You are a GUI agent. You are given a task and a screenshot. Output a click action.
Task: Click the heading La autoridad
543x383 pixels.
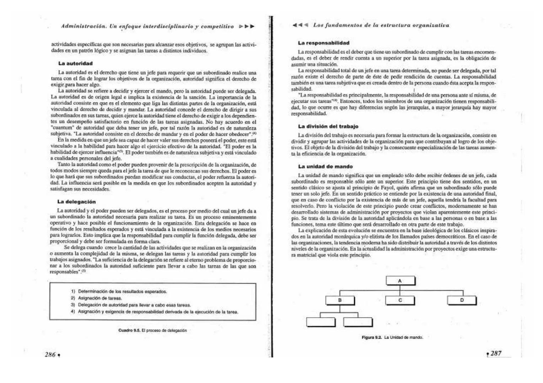75,63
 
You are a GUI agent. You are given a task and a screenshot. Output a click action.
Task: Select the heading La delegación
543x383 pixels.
76,202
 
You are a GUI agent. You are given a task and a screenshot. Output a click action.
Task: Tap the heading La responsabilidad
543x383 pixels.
323,43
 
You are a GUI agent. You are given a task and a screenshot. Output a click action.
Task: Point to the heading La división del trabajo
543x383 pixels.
328,126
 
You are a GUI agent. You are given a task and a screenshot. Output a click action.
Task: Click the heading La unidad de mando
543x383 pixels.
325,166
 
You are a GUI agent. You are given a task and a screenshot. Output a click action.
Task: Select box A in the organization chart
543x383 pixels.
400,281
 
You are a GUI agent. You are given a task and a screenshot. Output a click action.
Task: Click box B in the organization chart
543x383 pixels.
340,300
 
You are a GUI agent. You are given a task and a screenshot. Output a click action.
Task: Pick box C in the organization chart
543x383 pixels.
400,300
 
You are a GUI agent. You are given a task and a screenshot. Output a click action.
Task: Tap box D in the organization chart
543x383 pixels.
462,300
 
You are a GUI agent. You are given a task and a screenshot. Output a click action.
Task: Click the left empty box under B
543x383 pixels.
321,321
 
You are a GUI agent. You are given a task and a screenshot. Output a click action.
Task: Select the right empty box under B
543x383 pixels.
358,321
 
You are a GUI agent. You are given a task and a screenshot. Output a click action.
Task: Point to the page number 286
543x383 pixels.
50,354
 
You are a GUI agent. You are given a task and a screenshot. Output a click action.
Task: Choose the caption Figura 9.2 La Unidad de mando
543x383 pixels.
392,337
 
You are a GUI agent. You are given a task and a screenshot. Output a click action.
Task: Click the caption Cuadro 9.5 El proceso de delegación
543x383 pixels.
152,331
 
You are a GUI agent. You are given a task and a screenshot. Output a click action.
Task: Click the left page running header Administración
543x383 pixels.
147,26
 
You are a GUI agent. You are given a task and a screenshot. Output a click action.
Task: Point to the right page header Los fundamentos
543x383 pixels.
381,25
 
